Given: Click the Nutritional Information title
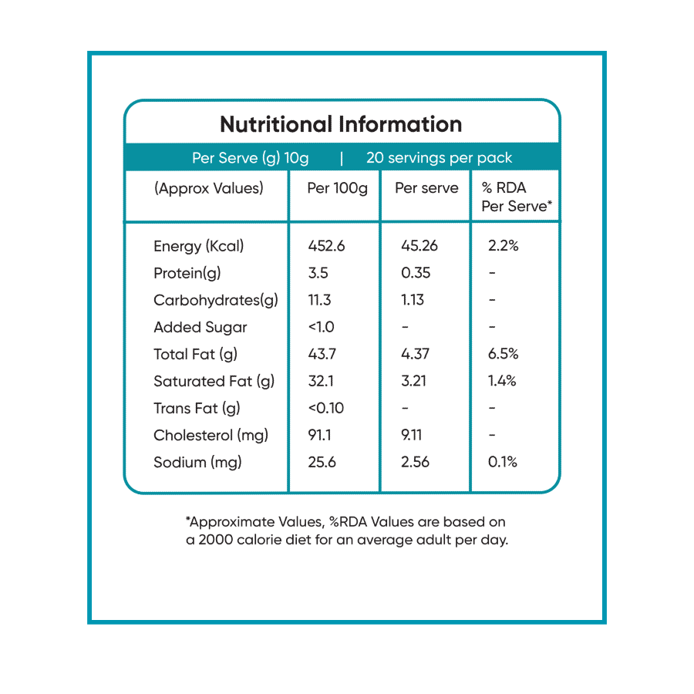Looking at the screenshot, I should (x=341, y=124).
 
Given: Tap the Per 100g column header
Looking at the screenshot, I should (x=337, y=188).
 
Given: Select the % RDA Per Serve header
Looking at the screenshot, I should (x=516, y=197).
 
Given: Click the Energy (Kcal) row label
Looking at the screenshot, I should (x=198, y=246).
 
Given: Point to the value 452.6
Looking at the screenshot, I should (x=326, y=246).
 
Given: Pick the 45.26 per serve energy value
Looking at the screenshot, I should (x=419, y=246).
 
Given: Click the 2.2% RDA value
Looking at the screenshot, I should (x=504, y=246).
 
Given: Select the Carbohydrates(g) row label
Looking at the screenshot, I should (x=215, y=300).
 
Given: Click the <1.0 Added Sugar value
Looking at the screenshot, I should (x=321, y=327).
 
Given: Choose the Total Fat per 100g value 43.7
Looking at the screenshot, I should (x=322, y=354).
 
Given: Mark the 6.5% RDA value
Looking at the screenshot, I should (x=504, y=354).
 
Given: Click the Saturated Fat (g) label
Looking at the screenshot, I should (x=214, y=381).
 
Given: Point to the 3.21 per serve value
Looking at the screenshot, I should (x=415, y=381).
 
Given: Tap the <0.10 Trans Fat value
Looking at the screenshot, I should (x=325, y=408).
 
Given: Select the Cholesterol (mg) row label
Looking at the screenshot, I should (x=211, y=435).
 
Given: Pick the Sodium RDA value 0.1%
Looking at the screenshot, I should (x=503, y=462).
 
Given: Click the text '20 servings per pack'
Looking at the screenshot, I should (x=439, y=158).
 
